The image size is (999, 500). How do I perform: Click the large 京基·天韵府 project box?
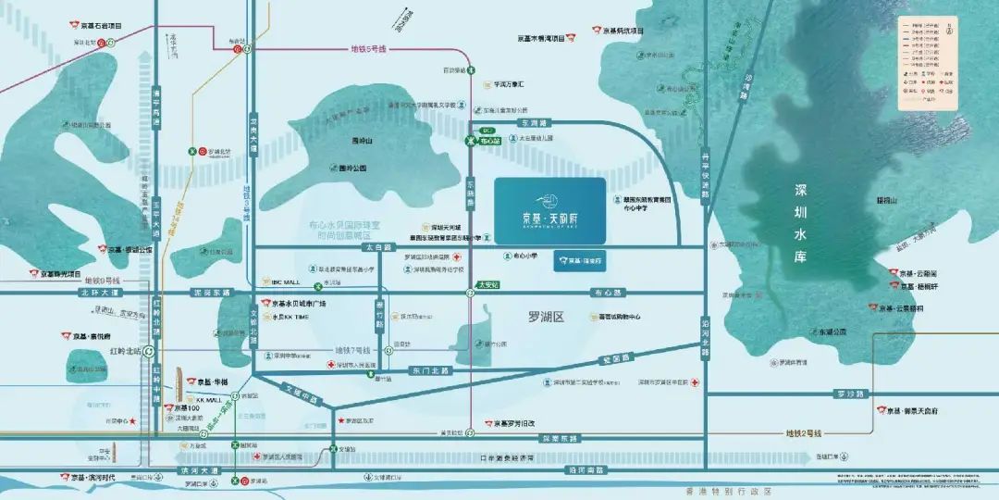[x=549, y=212]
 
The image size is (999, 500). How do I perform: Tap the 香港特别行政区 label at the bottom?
[x=767, y=491]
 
